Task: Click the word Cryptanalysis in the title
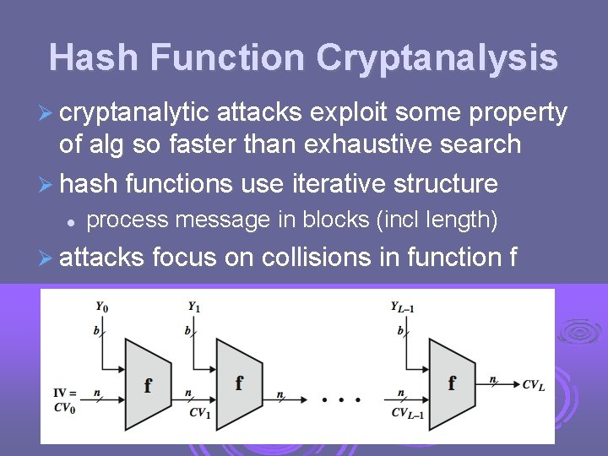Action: [437, 57]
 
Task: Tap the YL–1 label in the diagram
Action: [402, 307]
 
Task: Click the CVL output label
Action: [533, 385]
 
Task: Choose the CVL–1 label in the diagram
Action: [409, 413]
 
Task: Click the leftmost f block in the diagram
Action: [148, 385]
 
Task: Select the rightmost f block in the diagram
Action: [452, 383]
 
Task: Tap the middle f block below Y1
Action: [239, 383]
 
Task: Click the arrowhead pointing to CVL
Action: [513, 384]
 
